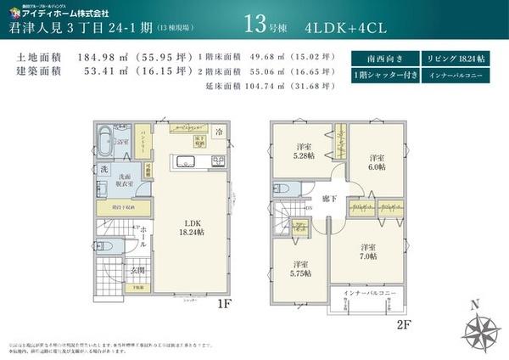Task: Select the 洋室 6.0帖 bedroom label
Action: [377, 163]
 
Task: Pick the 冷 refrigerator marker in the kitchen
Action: [219, 132]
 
